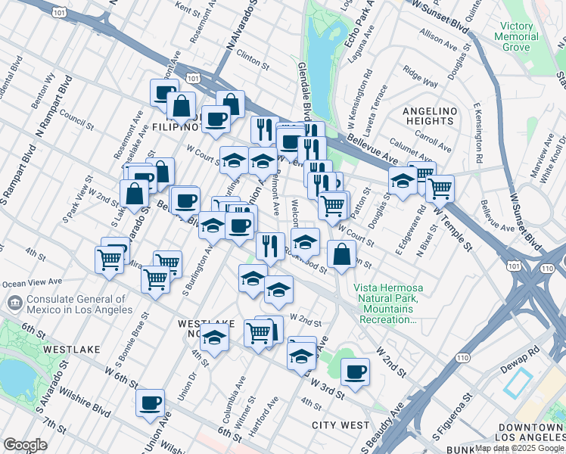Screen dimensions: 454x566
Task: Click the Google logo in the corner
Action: point(25,445)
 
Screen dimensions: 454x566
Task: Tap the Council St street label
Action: point(76,120)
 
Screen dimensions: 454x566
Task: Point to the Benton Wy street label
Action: point(43,90)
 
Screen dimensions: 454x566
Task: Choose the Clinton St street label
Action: point(252,58)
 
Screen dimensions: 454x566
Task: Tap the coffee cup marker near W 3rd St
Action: point(355,371)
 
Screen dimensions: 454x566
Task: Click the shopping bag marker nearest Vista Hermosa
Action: point(342,256)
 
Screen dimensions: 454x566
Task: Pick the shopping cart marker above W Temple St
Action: point(439,187)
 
